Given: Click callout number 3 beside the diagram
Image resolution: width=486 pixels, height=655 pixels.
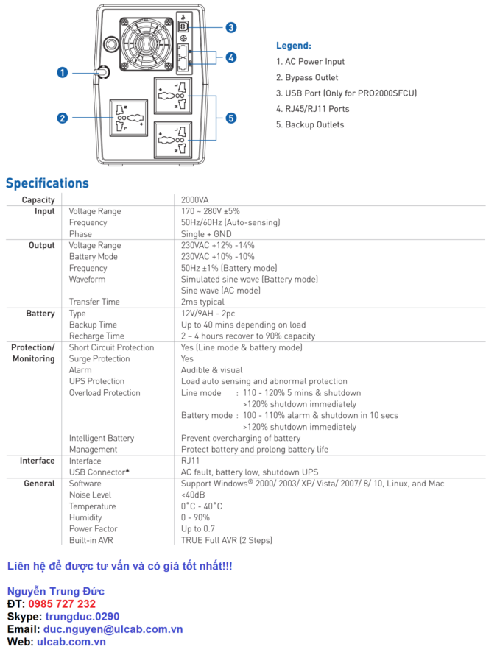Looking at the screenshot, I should (x=230, y=27).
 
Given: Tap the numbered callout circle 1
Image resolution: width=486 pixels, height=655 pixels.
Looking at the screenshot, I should (x=62, y=72).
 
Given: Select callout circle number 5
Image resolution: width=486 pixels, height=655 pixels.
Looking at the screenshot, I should (x=230, y=118).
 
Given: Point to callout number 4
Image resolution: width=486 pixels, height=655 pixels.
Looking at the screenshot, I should (x=230, y=57).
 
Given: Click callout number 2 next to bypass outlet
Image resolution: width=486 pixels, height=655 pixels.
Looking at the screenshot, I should (x=62, y=118).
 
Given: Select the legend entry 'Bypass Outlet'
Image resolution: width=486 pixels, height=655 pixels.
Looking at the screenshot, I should (x=307, y=78).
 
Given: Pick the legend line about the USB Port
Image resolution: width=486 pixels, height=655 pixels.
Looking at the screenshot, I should (x=346, y=93).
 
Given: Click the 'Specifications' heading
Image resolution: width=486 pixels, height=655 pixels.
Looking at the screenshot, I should (x=47, y=183).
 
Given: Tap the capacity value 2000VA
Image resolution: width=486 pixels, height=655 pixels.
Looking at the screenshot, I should (x=195, y=200).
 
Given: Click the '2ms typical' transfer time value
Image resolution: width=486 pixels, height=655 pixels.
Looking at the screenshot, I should (x=202, y=302).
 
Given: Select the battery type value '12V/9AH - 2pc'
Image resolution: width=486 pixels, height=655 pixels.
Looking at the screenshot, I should (x=208, y=314).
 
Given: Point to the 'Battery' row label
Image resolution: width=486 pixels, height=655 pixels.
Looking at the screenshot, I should (x=40, y=314).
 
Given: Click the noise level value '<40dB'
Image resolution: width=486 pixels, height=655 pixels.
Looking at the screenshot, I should (x=194, y=495).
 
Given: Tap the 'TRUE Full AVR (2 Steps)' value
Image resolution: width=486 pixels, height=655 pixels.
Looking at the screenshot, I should (x=227, y=540).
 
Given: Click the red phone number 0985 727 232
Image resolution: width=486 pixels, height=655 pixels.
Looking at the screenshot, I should (x=62, y=604).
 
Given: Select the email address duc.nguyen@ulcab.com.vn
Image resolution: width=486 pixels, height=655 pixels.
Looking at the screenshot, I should (x=113, y=629).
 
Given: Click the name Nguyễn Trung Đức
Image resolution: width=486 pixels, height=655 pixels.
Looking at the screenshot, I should (x=56, y=592).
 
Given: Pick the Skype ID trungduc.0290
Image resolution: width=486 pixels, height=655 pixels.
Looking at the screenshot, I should (x=82, y=617).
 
